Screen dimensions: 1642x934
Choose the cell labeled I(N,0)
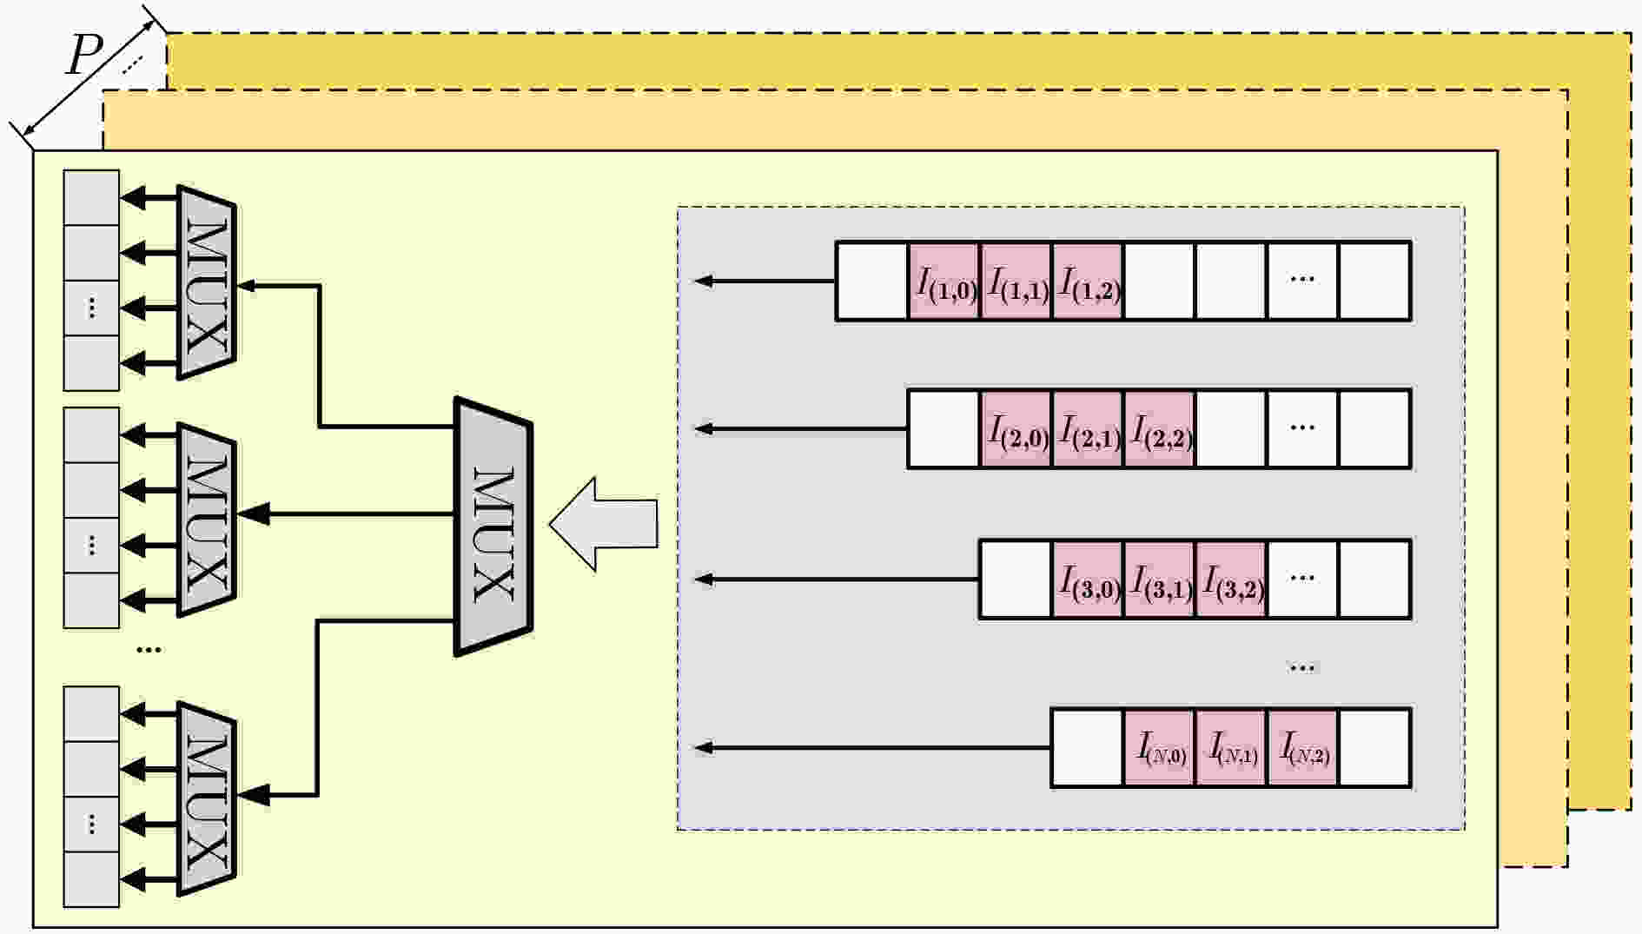coord(1159,748)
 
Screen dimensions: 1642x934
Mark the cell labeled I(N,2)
coord(1302,748)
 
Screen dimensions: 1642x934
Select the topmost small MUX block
coord(206,282)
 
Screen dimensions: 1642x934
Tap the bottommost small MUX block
coord(206,798)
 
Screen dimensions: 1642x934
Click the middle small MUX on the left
coord(206,520)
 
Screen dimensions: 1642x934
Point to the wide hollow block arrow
coord(603,524)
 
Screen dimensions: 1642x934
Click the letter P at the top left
coord(84,57)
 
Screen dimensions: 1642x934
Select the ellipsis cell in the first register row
coord(1302,281)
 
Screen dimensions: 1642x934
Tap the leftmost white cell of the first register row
coord(872,281)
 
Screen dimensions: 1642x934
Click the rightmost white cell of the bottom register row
coord(1374,748)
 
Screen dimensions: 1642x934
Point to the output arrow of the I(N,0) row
coord(873,747)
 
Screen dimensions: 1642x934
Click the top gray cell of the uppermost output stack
coord(92,198)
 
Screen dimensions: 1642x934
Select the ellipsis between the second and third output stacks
coord(149,649)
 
